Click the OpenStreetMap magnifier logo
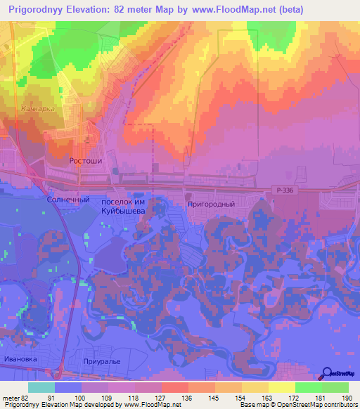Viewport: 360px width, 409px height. pos(327,373)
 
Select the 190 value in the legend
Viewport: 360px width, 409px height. pos(346,398)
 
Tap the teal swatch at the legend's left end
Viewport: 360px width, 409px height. pos(41,387)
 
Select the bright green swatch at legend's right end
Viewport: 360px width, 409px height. pos(335,387)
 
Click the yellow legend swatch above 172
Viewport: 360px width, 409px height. pos(282,387)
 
